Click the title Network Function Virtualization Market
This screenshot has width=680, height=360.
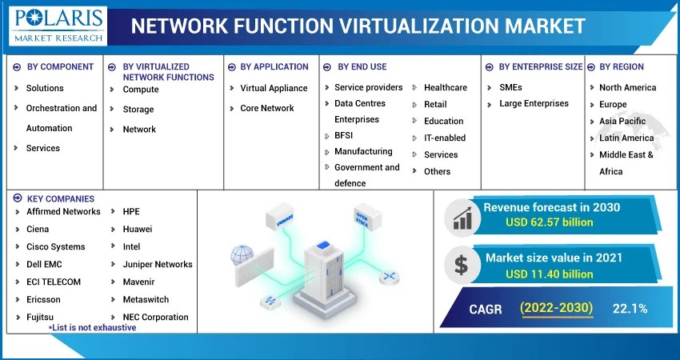click(358, 26)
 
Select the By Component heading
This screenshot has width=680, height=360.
click(60, 67)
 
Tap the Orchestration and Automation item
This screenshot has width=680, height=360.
click(61, 118)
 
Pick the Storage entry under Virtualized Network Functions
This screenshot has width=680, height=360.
click(138, 110)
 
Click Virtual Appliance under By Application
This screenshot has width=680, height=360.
click(274, 88)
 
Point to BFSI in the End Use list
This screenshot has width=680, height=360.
click(343, 135)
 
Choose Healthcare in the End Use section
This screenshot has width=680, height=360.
click(445, 87)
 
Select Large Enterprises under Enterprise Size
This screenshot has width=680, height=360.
click(534, 103)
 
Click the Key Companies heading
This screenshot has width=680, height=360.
click(60, 198)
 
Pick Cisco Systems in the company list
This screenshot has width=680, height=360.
click(55, 246)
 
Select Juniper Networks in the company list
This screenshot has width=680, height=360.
click(157, 264)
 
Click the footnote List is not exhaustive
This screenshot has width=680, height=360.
click(92, 328)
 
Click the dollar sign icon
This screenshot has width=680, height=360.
click(462, 265)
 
